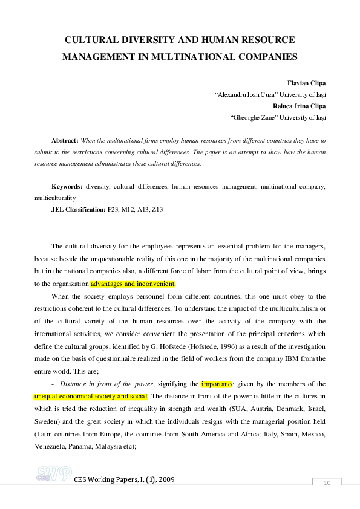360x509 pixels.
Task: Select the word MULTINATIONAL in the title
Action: [208, 58]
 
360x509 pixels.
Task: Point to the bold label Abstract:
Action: [66, 138]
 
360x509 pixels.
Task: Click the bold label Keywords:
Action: [68, 187]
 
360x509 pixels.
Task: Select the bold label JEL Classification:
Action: [78, 209]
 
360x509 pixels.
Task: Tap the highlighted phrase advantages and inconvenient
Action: [133, 283]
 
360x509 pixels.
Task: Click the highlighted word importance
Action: [217, 384]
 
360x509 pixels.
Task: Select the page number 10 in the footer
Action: [327, 482]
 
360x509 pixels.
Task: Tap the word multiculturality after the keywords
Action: [55, 198]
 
